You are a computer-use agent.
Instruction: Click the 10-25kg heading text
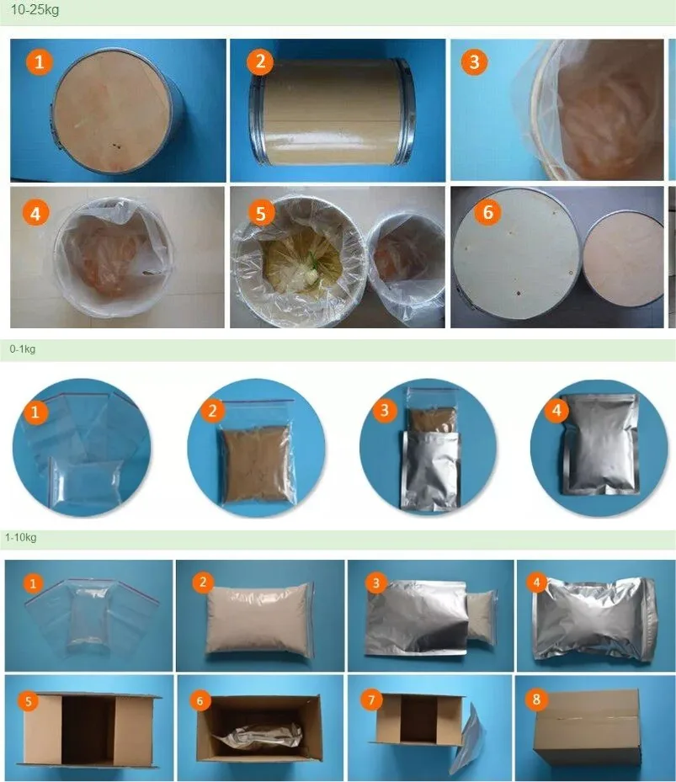pos(35,9)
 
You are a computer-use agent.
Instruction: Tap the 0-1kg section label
pos(23,349)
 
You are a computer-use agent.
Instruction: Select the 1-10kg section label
pos(21,538)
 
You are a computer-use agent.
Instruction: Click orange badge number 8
pos(536,700)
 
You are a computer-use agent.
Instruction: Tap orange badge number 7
pos(371,700)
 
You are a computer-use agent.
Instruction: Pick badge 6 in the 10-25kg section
pos(487,212)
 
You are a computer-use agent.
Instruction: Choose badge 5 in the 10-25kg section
pos(261,213)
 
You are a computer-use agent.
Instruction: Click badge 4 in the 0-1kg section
pos(556,410)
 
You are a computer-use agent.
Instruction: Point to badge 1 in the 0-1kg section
pos(35,412)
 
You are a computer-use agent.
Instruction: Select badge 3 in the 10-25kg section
pos(474,61)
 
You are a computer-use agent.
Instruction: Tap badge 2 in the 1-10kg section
pos(203,582)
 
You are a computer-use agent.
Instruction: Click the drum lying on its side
pos(333,111)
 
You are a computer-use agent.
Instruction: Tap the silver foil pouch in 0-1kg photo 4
pos(601,444)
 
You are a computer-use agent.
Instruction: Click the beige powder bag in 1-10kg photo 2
pos(259,619)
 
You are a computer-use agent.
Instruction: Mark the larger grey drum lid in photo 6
pos(517,254)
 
